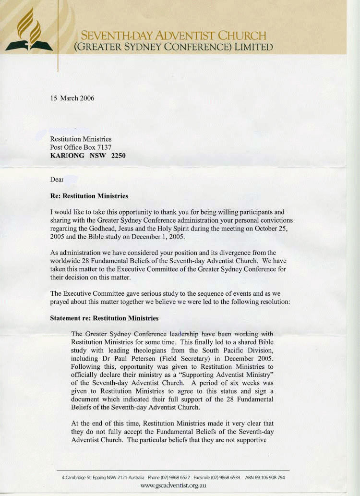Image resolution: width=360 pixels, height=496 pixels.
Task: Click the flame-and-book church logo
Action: click(x=29, y=31)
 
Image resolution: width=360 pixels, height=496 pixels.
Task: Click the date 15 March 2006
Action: click(x=72, y=98)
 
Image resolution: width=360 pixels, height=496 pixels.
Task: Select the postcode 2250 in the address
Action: click(x=118, y=156)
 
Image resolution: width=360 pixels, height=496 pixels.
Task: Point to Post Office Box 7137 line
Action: click(x=81, y=147)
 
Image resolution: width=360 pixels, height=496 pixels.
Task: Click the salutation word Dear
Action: click(x=57, y=180)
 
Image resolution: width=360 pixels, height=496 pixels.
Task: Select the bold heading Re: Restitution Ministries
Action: click(x=89, y=196)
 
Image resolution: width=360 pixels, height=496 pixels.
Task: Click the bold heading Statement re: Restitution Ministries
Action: click(x=104, y=318)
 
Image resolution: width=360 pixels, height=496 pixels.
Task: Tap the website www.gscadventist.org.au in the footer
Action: click(x=173, y=486)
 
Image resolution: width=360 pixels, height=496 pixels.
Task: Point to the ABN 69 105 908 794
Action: click(x=265, y=478)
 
